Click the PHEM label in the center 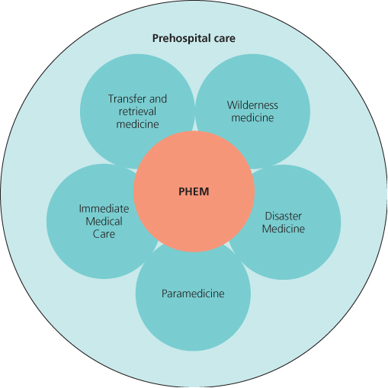[194, 191]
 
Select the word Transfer [127, 99]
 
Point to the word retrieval [137, 111]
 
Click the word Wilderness [252, 105]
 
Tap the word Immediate [104, 209]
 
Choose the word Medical [104, 221]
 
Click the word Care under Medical [104, 234]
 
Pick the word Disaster [284, 216]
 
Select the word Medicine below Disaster [284, 229]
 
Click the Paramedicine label [193, 293]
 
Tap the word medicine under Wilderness [252, 118]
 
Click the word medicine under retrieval [137, 124]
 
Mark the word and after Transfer [158, 99]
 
